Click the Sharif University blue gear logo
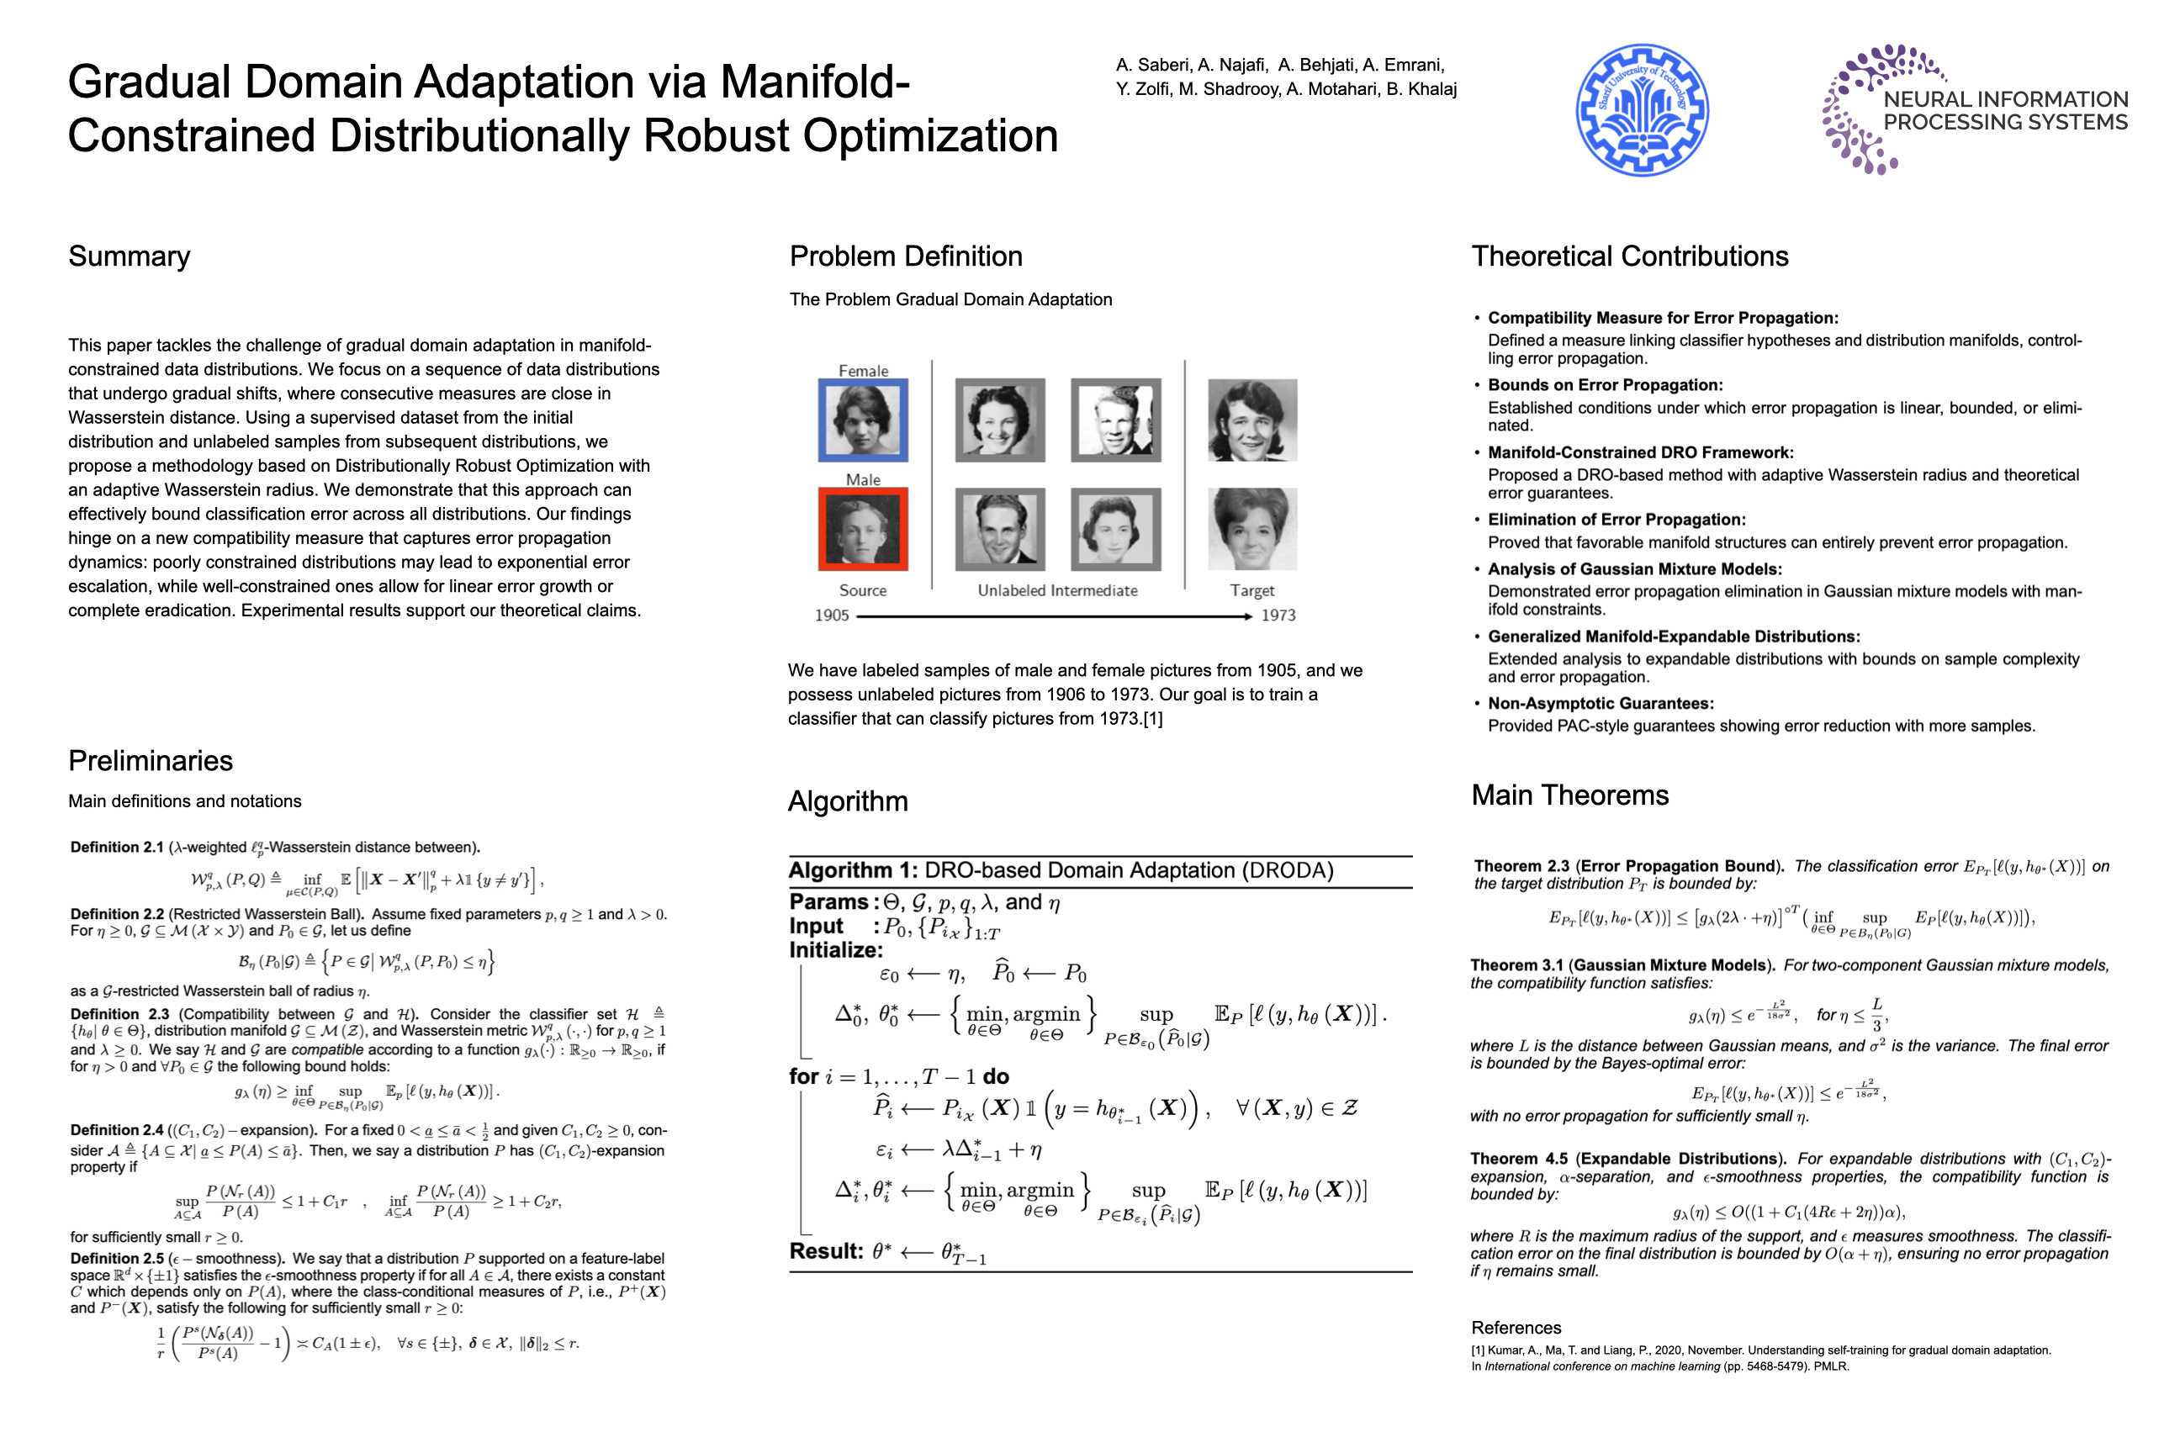(x=1642, y=109)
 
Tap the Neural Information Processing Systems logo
(x=1974, y=109)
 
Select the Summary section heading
(x=129, y=256)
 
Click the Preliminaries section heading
(x=151, y=761)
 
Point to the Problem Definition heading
(x=906, y=256)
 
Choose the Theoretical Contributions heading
(x=1629, y=256)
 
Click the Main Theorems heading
(x=1569, y=795)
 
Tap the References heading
(x=1516, y=1327)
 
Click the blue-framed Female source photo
(x=863, y=420)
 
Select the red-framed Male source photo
(x=863, y=529)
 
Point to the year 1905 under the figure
(x=832, y=616)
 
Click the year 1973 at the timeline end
(x=1278, y=616)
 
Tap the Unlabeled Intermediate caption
(x=1056, y=590)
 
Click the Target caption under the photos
(x=1251, y=590)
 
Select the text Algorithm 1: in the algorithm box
(x=853, y=870)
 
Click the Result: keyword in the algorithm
(x=826, y=1251)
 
